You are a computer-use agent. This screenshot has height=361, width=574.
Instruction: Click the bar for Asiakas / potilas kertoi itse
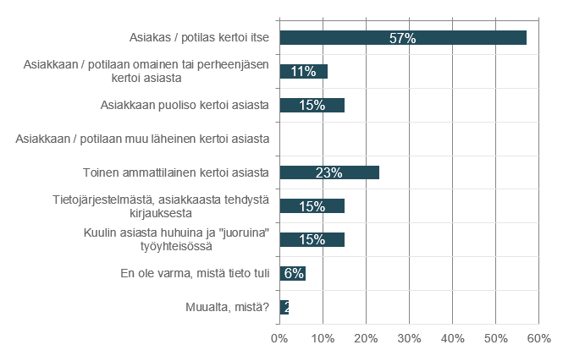coord(403,38)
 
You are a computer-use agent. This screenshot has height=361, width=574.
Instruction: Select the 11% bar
coord(303,72)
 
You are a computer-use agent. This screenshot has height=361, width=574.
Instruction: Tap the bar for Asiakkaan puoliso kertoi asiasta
coord(312,106)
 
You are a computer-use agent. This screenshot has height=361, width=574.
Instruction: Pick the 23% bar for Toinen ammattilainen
coord(329,172)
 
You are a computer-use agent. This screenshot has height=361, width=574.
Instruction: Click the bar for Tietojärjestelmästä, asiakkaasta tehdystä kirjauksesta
coord(312,206)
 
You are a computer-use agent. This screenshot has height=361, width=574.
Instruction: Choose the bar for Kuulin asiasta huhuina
coord(312,240)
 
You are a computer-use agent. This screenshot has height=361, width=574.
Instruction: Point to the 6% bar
coord(292,274)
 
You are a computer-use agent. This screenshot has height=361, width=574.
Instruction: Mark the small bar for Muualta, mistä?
coord(284,307)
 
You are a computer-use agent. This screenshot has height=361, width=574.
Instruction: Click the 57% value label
coord(403,38)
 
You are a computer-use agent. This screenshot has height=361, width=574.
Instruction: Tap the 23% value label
coord(328,172)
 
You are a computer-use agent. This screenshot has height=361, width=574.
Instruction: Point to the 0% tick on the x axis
coord(279,338)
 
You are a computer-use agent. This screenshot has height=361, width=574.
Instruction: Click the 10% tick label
coord(323,338)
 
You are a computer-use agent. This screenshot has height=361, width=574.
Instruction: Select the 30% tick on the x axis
coord(409,338)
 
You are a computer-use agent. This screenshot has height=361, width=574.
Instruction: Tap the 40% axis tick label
coord(452,338)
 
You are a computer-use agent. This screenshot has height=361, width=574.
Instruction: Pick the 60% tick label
coord(538,338)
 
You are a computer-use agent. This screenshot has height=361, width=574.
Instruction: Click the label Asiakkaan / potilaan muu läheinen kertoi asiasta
coord(142,139)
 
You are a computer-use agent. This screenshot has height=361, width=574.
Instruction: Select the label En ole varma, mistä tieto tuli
coord(196,273)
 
